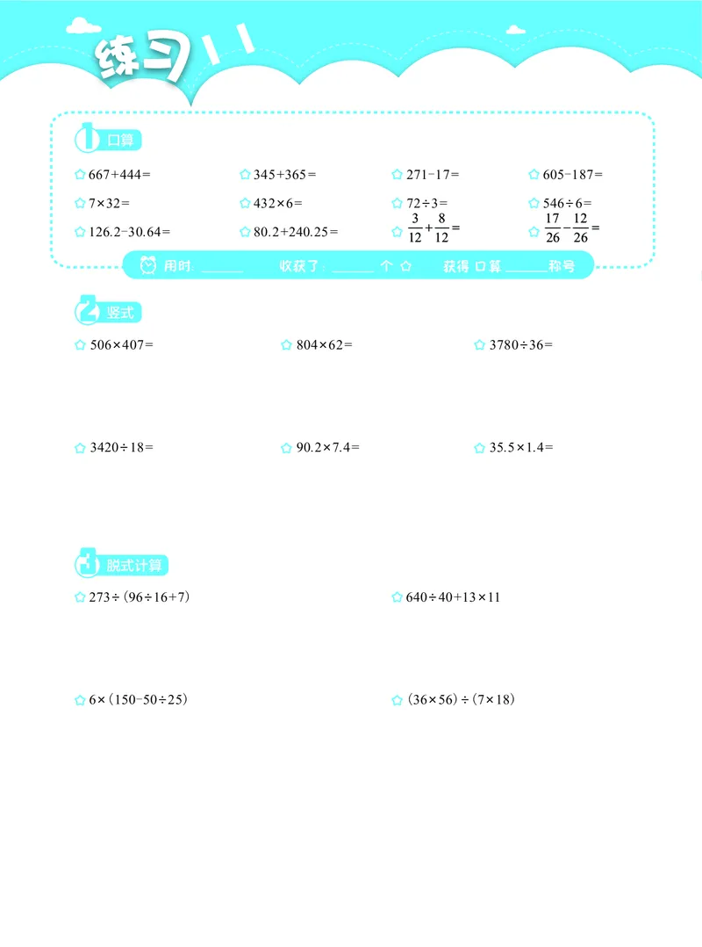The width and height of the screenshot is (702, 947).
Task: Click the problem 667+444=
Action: [120, 175]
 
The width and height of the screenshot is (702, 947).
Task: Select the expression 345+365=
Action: [284, 175]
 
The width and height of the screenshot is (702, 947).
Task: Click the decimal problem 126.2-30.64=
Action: [130, 232]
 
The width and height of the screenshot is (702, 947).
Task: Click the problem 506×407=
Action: [121, 345]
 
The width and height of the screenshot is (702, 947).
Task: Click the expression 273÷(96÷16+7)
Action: [140, 597]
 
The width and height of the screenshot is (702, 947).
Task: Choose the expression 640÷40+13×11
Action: [453, 597]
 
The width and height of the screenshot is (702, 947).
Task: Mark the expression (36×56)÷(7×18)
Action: [461, 700]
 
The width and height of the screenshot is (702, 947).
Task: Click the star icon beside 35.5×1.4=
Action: [480, 448]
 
